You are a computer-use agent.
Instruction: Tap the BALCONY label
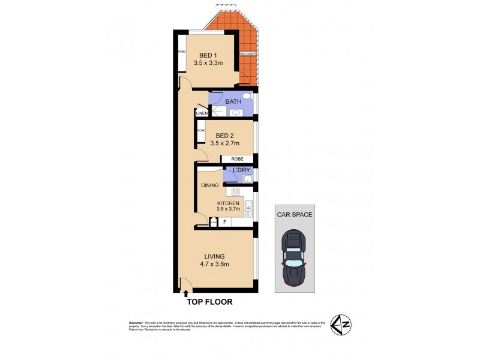(247, 53)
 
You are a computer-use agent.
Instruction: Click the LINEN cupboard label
(201, 113)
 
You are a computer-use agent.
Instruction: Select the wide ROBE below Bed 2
(236, 159)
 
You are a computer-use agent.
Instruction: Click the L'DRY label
(241, 171)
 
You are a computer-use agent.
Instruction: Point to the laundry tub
(247, 179)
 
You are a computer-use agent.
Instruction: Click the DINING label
(209, 185)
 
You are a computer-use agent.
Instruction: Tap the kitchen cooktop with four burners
(236, 192)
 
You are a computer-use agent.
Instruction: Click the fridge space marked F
(224, 222)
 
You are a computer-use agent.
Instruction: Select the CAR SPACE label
(294, 214)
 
